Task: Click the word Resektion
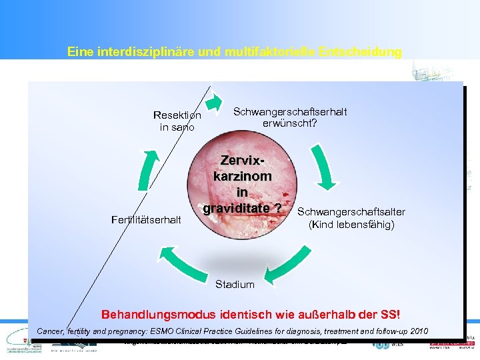[177, 115]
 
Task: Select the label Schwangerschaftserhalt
[290, 112]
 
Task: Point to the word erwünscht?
[290, 123]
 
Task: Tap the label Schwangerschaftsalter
[351, 212]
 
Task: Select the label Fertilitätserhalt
[146, 219]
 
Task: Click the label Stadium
[235, 285]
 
